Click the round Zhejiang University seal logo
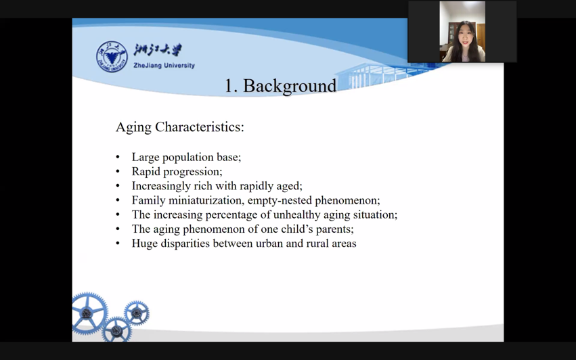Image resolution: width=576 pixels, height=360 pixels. (112, 57)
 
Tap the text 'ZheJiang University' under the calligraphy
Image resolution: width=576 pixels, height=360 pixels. (164, 66)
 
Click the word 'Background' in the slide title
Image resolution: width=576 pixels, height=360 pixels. (290, 85)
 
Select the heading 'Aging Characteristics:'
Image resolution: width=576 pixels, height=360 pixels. (180, 127)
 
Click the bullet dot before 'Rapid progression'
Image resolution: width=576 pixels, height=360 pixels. (118, 172)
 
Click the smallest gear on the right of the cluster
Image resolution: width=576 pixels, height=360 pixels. (137, 313)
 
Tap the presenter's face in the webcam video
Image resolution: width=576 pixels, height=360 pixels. (463, 37)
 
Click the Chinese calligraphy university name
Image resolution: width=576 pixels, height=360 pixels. (158, 49)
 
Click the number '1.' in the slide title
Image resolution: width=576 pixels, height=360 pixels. (231, 86)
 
